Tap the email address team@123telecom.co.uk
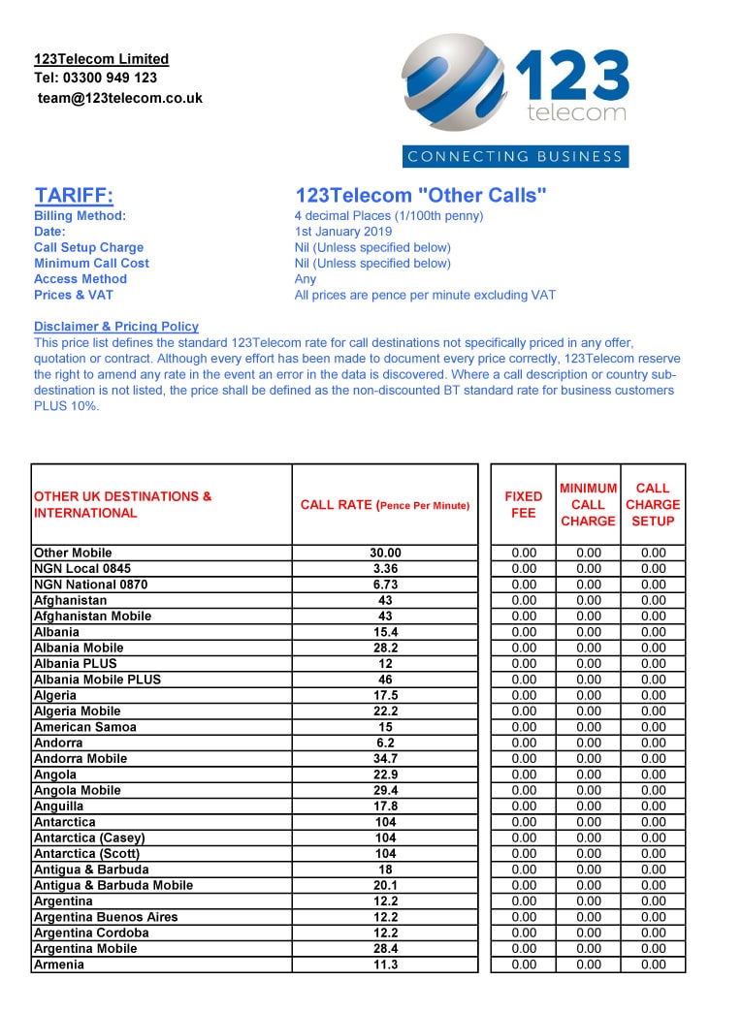click(x=120, y=98)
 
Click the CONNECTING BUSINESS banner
click(x=515, y=156)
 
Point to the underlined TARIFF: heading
click(x=74, y=196)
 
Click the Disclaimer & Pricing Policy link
click(x=116, y=327)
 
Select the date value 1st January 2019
click(x=343, y=232)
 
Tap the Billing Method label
click(x=80, y=216)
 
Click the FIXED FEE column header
click(x=523, y=504)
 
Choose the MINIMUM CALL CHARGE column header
click(x=588, y=504)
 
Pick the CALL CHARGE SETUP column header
click(x=653, y=504)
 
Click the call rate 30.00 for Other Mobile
click(x=385, y=553)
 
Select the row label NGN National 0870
click(x=90, y=585)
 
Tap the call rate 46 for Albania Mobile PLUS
click(x=385, y=680)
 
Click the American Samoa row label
click(x=85, y=727)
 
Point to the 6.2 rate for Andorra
click(x=385, y=743)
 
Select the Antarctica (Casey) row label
click(x=89, y=838)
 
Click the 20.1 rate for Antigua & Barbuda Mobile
click(x=385, y=885)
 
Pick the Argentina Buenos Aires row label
click(x=106, y=917)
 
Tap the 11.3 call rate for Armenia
click(x=385, y=965)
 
